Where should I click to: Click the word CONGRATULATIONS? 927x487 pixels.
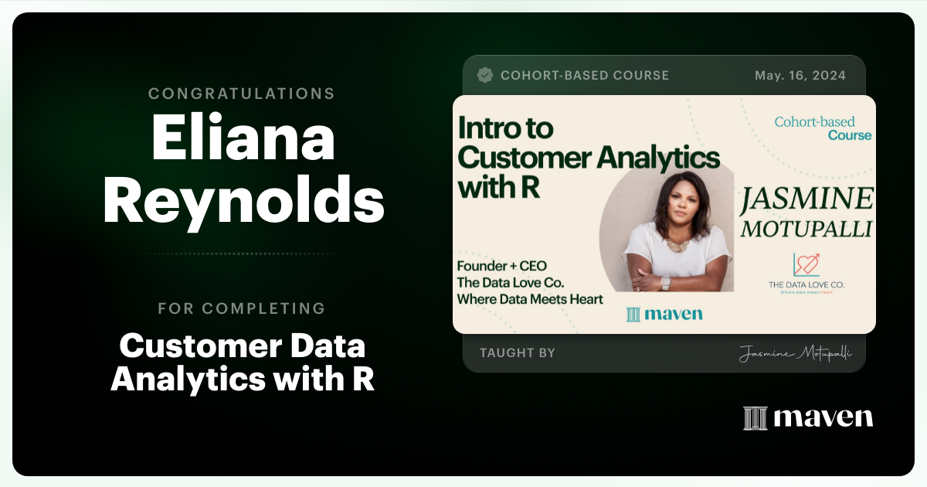[x=242, y=94]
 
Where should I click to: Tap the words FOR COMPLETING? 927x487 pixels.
[x=242, y=308]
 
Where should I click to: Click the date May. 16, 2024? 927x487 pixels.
[x=800, y=76]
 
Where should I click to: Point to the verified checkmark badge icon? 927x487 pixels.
[x=485, y=75]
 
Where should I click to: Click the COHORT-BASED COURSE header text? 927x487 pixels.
[x=585, y=76]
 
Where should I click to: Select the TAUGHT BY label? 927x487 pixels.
[x=517, y=353]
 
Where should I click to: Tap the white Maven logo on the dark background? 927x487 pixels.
[x=808, y=417]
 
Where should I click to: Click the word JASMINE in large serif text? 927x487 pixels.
[x=807, y=200]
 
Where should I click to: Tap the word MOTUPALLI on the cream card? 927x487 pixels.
[x=807, y=229]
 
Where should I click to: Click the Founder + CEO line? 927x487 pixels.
[x=502, y=266]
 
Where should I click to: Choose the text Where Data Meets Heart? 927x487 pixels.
[x=530, y=298]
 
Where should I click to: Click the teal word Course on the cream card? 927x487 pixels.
[x=850, y=135]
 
